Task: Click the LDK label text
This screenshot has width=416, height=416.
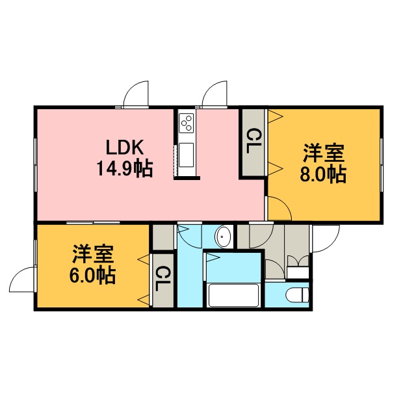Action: click(x=125, y=148)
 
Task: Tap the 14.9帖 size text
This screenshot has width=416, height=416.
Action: click(x=125, y=168)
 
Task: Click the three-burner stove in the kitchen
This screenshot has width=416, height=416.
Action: click(x=186, y=123)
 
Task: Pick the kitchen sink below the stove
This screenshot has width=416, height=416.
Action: click(x=186, y=155)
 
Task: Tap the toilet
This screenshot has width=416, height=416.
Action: click(x=298, y=294)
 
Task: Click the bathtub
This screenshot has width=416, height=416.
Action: click(x=234, y=295)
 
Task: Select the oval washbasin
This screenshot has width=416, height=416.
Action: click(x=224, y=237)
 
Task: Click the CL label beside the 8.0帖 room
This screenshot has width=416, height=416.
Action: click(x=254, y=141)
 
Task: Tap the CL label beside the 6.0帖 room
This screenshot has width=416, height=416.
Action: click(x=162, y=279)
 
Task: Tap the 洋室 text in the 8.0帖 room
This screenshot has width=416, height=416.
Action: click(x=324, y=153)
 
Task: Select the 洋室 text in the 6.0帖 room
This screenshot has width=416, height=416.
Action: click(x=93, y=254)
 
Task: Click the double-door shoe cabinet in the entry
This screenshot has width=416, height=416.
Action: click(x=298, y=266)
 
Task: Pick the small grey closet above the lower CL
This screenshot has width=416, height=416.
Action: click(x=163, y=237)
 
